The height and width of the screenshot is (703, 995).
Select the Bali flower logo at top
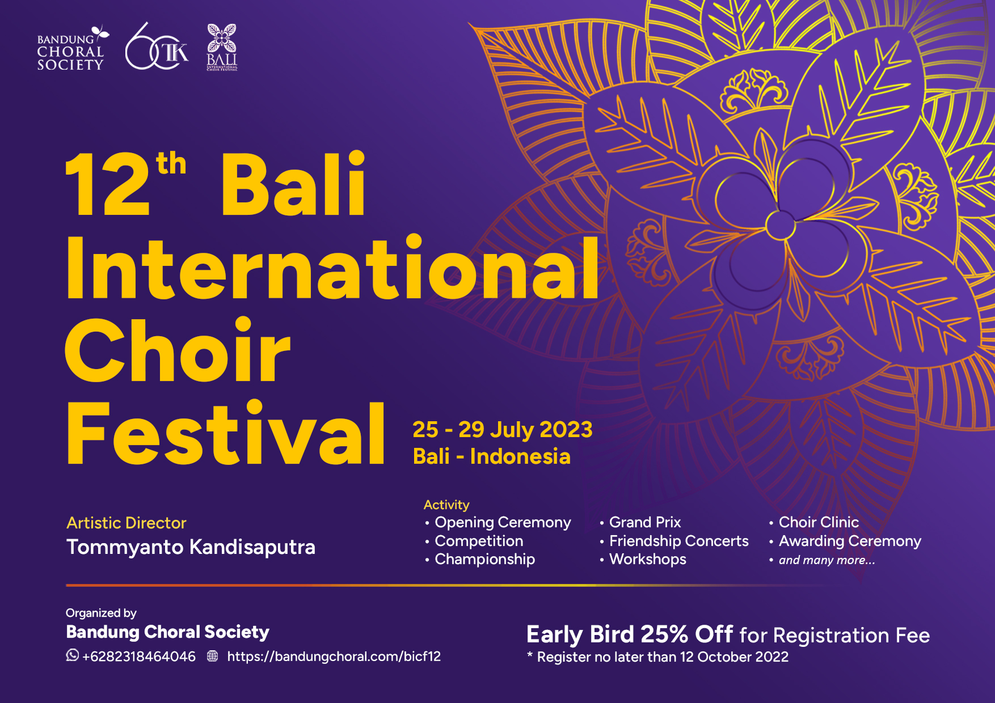[x=222, y=47]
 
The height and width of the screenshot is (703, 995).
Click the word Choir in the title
[x=178, y=350]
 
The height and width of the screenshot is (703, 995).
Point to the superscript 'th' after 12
[x=171, y=164]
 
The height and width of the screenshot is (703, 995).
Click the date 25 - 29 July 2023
[x=503, y=430]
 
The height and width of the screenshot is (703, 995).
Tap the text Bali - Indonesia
[x=492, y=456]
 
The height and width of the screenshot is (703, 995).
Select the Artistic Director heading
[x=127, y=523]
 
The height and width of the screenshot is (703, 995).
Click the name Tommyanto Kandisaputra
[x=191, y=547]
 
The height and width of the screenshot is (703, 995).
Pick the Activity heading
[x=446, y=505]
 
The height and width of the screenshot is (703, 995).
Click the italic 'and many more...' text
[x=827, y=560]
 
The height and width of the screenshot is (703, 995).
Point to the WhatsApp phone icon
[x=73, y=655]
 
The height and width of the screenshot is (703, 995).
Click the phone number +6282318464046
[x=139, y=657]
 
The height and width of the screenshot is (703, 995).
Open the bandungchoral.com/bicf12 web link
[x=334, y=657]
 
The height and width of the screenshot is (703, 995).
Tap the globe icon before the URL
[x=213, y=656]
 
